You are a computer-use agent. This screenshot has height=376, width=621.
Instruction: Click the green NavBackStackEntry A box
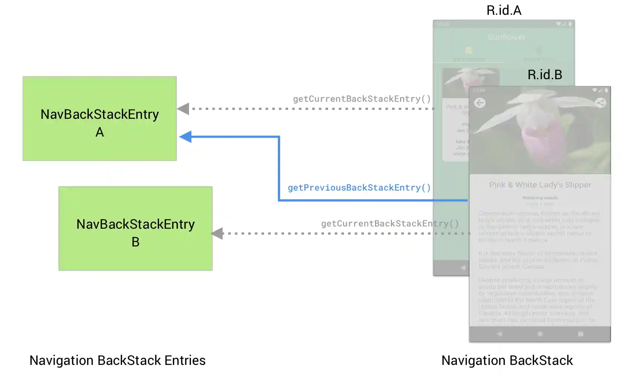coord(99,118)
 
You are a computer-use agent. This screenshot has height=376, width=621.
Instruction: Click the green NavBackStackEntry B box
coord(135,228)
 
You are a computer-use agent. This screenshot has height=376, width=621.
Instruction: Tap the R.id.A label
coord(504,10)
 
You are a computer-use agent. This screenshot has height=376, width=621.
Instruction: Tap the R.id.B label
coord(544,75)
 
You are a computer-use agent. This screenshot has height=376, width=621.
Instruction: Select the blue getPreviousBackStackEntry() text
coord(359,188)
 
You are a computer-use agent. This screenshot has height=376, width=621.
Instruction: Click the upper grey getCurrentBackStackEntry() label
coord(362,99)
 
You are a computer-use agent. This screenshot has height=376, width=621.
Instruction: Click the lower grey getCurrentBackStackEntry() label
coord(390,224)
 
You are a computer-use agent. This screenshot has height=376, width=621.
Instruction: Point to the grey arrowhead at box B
coord(217,234)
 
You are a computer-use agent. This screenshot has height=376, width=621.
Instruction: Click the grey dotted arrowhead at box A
coord(183,109)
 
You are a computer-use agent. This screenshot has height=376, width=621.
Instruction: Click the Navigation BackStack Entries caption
coord(117,360)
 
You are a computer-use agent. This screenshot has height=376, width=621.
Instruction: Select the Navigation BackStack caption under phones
coord(507,360)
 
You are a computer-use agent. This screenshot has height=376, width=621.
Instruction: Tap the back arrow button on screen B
coord(480,103)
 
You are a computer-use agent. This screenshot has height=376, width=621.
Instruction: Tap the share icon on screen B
coord(600,103)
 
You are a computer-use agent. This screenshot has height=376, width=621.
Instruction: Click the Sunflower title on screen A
coord(506,37)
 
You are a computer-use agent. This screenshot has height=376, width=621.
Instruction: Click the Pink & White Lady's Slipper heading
coord(540,185)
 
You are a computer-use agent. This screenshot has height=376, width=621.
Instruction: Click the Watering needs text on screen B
coord(540,198)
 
